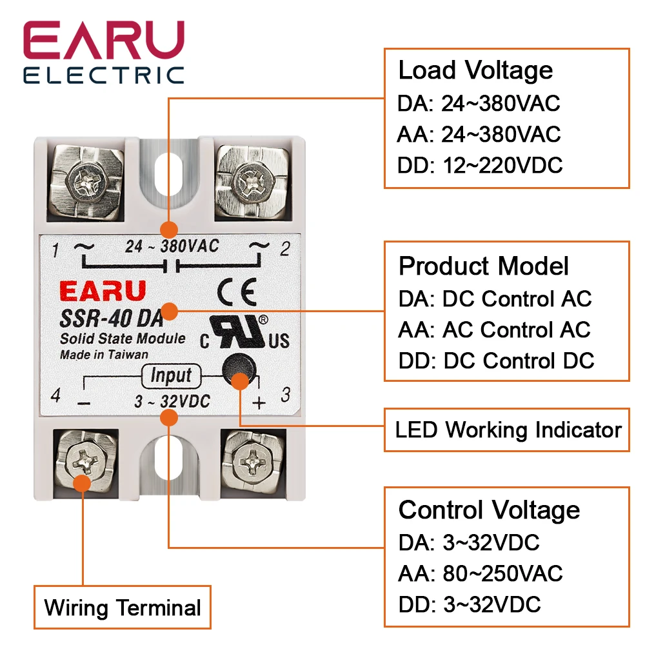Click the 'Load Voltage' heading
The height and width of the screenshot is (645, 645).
[475, 70]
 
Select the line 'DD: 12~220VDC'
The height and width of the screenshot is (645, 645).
[480, 165]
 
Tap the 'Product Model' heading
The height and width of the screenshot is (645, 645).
[484, 266]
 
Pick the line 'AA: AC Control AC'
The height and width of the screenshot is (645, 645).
[494, 330]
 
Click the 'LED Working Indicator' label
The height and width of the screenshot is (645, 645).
[508, 430]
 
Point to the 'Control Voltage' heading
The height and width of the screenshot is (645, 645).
[489, 510]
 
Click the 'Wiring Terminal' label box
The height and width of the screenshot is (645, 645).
[123, 608]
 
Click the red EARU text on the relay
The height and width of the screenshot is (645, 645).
[103, 291]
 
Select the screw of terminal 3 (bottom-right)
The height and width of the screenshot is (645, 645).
[251, 459]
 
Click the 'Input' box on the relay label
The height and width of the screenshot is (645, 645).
[170, 375]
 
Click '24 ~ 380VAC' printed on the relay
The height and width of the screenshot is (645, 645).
[172, 246]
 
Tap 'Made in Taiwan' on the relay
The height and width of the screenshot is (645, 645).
[104, 354]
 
